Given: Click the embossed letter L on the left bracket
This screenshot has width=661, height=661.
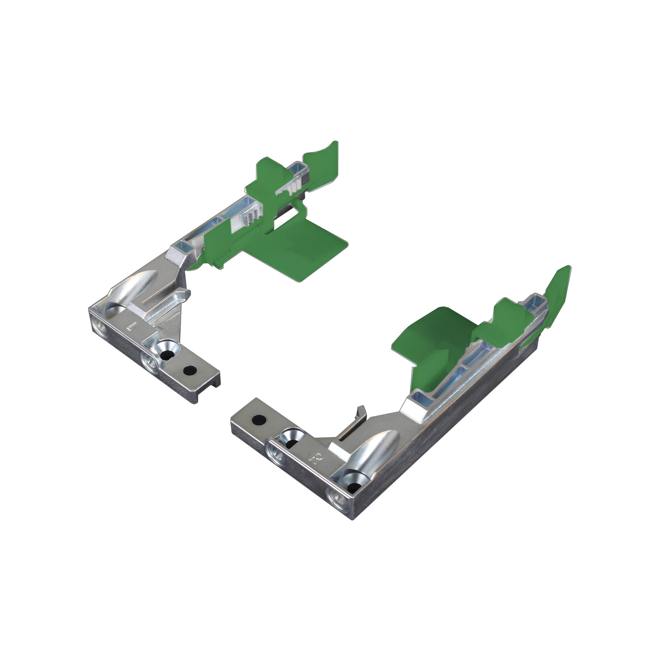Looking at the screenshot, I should point(130,327).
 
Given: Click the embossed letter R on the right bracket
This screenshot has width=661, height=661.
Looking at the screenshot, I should point(312,458).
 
